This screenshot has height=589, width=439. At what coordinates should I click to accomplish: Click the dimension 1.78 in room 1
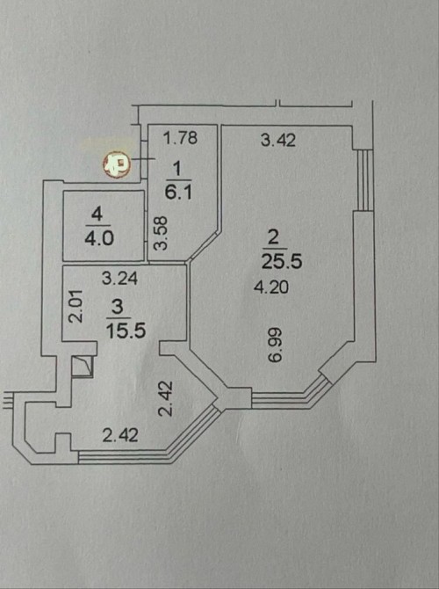tap(181, 137)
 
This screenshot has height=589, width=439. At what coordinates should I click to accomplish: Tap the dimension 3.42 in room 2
tap(278, 140)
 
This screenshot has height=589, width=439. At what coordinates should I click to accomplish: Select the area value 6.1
tap(178, 192)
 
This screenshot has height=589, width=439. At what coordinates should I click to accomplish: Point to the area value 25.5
tap(282, 261)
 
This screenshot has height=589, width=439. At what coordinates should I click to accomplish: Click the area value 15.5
tap(126, 331)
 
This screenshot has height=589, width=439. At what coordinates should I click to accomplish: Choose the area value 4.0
tap(99, 238)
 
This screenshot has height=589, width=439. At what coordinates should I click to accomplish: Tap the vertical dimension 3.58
tap(161, 233)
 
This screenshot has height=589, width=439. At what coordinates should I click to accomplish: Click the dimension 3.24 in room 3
tap(119, 279)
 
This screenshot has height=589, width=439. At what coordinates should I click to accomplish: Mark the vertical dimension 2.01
tap(75, 306)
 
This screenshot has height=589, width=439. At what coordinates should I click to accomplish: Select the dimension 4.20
tap(271, 287)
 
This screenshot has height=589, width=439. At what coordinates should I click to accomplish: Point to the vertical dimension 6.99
tap(275, 345)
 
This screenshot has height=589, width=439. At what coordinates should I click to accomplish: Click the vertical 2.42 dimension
tap(165, 398)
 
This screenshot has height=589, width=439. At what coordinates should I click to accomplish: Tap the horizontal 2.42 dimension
tap(120, 435)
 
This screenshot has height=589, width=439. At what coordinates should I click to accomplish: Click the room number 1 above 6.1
tap(177, 169)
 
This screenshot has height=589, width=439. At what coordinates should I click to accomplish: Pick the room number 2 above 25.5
tap(273, 238)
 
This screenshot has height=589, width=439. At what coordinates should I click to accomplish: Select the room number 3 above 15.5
tap(118, 307)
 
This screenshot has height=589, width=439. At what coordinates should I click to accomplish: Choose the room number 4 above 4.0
tap(97, 215)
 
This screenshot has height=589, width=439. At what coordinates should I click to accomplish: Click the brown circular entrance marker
tap(117, 164)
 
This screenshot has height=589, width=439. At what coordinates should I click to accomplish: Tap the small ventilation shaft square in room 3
tap(83, 367)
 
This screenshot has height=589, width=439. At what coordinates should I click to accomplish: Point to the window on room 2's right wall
tap(365, 180)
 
